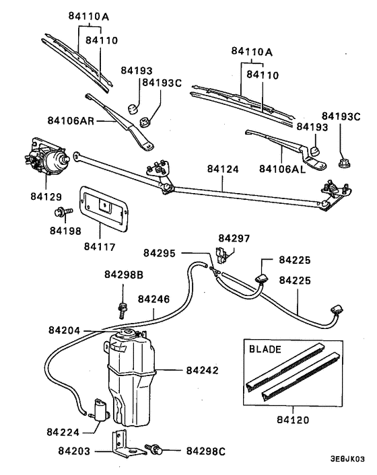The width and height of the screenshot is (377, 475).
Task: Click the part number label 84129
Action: (x=46, y=197)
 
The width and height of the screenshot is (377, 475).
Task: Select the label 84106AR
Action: (x=72, y=120)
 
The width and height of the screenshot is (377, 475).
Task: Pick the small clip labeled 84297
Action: (x=224, y=254)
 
